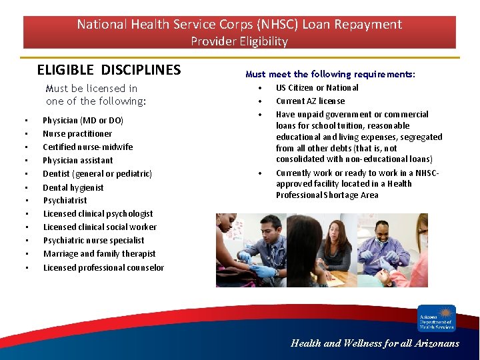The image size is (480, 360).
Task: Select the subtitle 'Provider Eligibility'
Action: (x=239, y=41)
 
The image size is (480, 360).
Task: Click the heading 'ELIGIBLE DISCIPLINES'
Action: (x=109, y=70)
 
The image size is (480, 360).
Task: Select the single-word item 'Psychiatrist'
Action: (x=65, y=201)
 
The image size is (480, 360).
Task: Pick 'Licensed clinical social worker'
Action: (x=100, y=227)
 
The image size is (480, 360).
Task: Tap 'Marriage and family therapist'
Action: (x=99, y=254)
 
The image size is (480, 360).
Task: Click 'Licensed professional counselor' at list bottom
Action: (x=103, y=267)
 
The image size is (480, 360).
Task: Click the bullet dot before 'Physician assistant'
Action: (x=25, y=161)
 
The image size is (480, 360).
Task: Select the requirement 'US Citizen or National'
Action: (x=317, y=88)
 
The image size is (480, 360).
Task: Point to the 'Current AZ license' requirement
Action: (x=310, y=101)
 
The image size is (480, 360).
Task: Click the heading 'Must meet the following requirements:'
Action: (x=330, y=74)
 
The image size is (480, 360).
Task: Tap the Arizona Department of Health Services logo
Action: (x=437, y=318)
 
